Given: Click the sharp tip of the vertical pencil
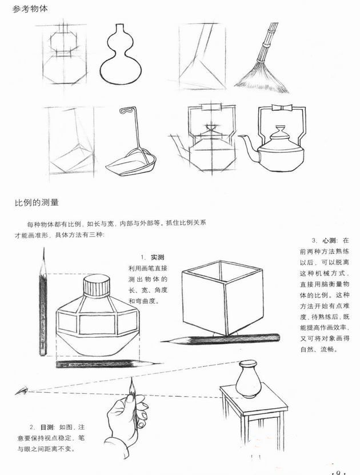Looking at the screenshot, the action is tap(44, 248).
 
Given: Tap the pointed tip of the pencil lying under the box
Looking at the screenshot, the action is tap(161, 342).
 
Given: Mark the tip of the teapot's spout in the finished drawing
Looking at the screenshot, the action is tap(239, 137).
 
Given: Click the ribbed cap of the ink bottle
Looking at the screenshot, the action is tap(96, 285).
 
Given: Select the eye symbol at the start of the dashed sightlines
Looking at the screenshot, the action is tap(22, 391).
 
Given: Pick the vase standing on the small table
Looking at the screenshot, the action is tap(248, 378).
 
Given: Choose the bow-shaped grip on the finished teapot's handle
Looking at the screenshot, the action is tap(282, 108).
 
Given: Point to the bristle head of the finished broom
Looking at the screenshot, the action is tap(262, 78).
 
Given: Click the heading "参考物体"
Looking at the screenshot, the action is tap(30, 9).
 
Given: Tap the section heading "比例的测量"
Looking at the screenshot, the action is tap(37, 202).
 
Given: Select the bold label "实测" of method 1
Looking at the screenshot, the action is tap(158, 257).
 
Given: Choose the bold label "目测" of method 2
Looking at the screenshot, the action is tap(47, 427).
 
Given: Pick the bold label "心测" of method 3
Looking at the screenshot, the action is tap(329, 241).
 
